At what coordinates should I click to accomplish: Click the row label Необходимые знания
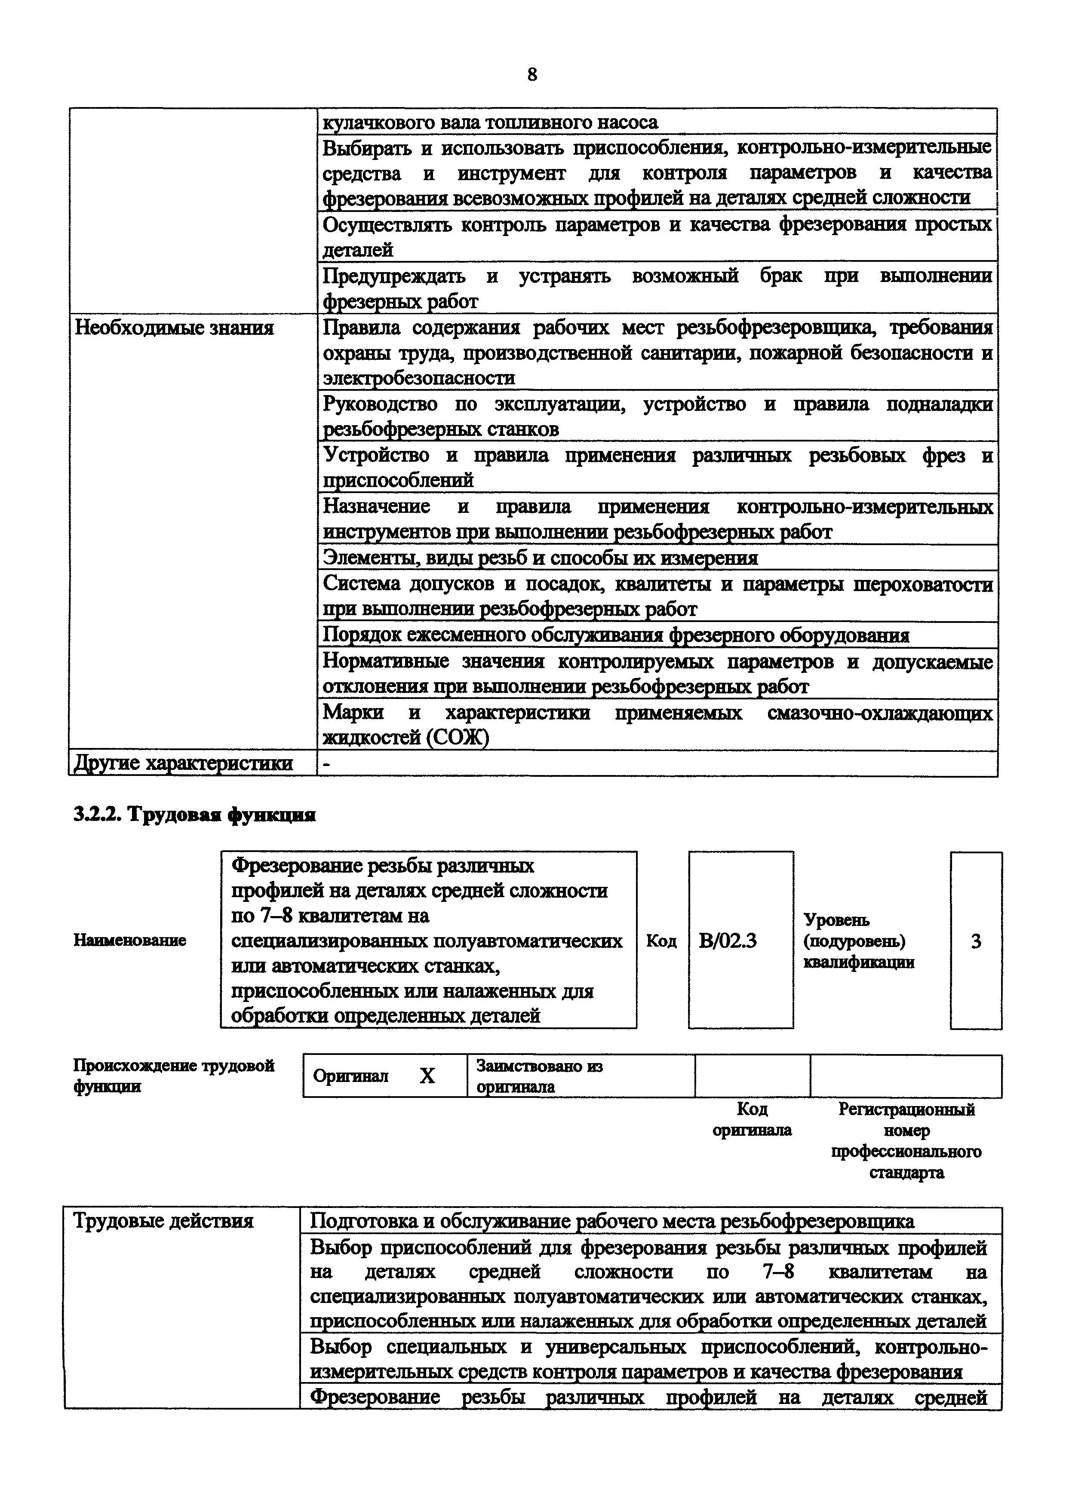point(174,327)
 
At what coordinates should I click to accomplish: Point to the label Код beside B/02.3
point(661,941)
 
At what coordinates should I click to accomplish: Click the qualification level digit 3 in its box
point(976,941)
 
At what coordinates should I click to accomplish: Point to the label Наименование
point(129,941)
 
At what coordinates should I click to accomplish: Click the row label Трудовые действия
point(163,1220)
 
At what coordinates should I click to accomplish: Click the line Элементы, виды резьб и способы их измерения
point(540,558)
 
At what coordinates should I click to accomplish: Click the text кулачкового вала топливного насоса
point(490,122)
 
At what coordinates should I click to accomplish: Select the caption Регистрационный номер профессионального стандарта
point(906,1140)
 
